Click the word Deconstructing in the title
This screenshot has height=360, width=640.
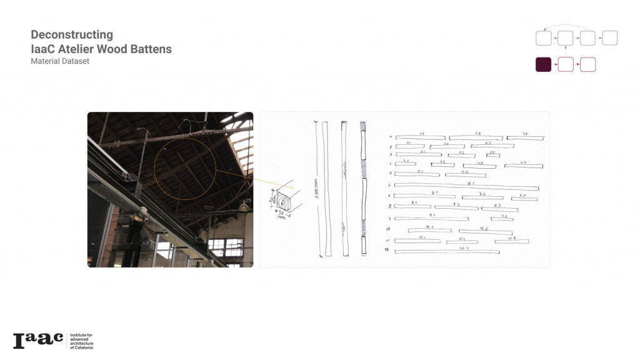(72, 35)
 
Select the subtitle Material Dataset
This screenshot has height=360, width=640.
(60, 61)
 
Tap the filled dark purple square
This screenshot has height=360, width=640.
(543, 64)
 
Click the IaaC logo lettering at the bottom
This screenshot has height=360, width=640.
(38, 341)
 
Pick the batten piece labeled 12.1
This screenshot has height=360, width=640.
(447, 252)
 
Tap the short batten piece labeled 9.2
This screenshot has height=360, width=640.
(502, 219)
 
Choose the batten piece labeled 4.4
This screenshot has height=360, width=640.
(523, 166)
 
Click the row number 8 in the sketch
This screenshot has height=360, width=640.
(389, 206)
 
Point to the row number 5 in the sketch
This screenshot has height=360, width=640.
(389, 174)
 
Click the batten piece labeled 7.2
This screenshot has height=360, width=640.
(482, 197)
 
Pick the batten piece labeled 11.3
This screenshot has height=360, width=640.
(513, 241)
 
